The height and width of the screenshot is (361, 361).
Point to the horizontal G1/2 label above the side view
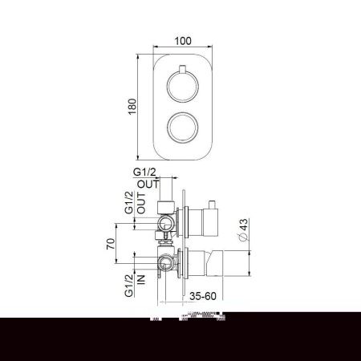(148, 172)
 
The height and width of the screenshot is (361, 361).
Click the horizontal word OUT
(148, 184)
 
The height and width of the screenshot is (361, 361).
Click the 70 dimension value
(108, 244)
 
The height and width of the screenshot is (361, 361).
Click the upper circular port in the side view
(167, 221)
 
